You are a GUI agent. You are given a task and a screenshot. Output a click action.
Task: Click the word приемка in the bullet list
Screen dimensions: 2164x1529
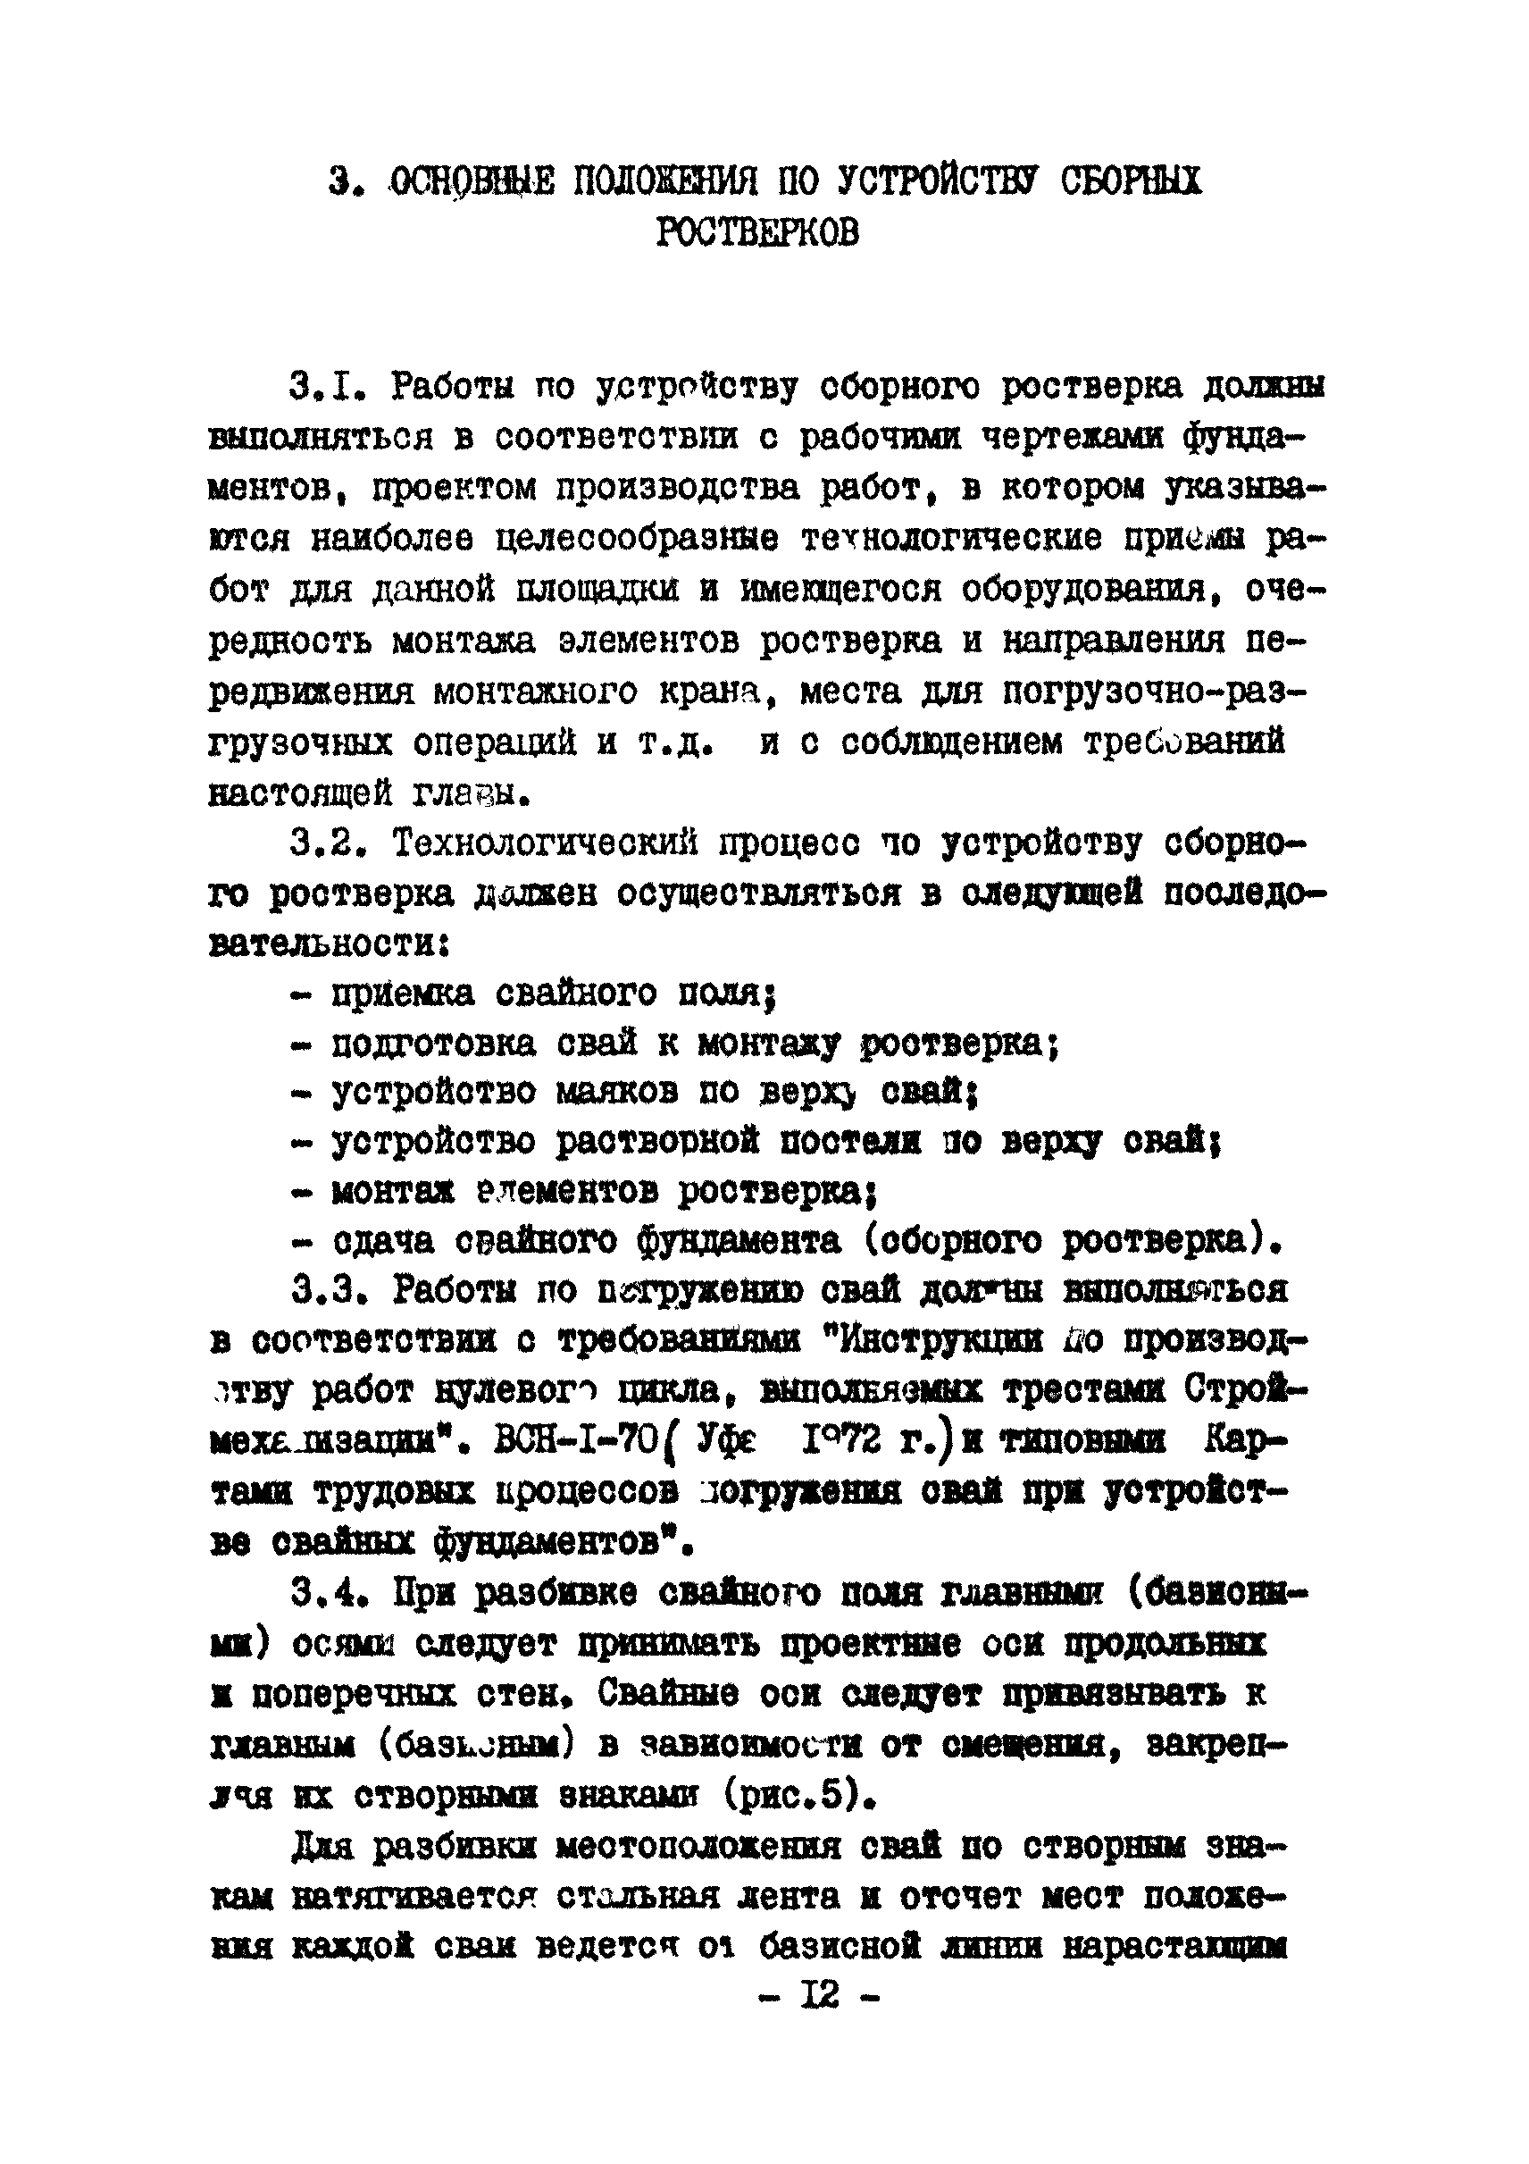point(399,993)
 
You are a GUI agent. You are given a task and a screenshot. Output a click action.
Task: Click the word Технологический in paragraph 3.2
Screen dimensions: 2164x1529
point(546,843)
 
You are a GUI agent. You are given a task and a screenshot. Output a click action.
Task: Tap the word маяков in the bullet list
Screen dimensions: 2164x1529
point(616,1094)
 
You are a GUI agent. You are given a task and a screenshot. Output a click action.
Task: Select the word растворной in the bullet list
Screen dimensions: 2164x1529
point(657,1144)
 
